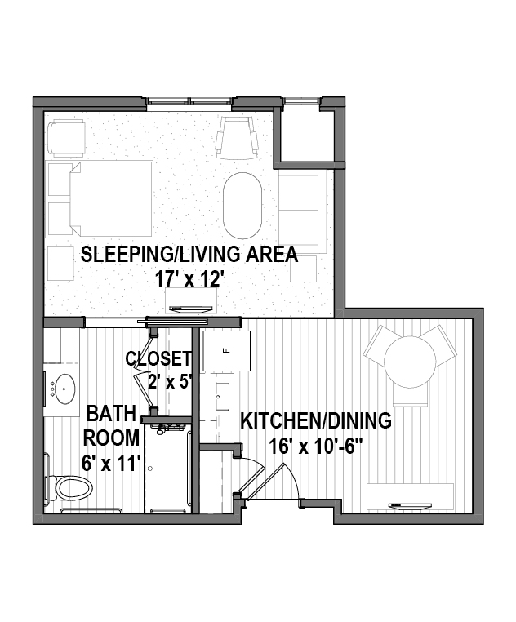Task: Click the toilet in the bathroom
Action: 72,488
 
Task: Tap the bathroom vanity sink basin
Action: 64,389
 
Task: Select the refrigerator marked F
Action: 227,351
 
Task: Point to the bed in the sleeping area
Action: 111,198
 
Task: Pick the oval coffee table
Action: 242,206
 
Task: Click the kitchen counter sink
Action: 222,397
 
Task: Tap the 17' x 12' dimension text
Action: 187,280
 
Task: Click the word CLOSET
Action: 158,358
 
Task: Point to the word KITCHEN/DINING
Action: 316,421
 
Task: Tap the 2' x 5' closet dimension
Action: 170,382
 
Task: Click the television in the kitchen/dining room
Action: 411,506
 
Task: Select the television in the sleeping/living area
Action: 191,309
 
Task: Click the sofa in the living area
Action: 302,212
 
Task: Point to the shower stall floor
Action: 167,470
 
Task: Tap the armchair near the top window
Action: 238,138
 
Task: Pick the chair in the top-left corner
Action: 67,139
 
